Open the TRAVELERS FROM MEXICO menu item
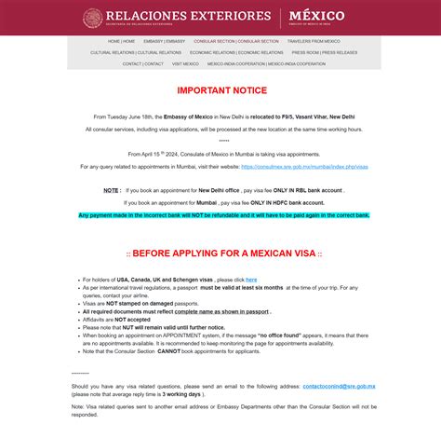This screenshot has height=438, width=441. pos(314,41)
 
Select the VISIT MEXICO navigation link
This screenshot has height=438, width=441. pos(185,63)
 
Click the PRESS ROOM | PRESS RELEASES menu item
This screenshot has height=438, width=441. pos(324,52)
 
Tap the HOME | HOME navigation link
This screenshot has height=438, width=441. pos(121,41)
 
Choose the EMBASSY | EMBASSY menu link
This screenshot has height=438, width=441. pos(164,41)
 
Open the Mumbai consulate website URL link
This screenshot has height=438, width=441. pos(304,167)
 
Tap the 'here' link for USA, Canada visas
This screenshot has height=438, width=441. pos(251,280)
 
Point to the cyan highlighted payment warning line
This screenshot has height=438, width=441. pos(223,215)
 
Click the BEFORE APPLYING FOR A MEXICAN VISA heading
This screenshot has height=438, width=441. pos(224,253)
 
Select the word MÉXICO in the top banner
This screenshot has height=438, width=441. pos(316,16)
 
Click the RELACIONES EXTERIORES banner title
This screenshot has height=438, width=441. pos(189,16)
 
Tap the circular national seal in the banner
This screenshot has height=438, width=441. pos(93,17)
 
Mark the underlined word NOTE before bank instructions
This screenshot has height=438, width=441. pos(112,190)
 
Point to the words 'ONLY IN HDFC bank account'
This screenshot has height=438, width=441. pos(283,202)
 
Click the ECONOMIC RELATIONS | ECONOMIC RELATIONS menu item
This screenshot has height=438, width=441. pos(236,52)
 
